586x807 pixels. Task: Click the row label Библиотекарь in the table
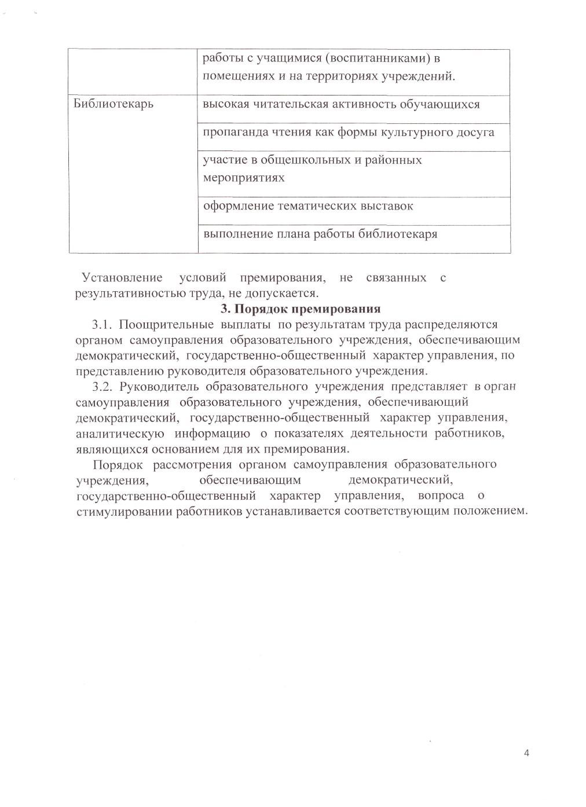114,105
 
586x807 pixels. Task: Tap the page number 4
526,753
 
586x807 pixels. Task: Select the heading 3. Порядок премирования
301,308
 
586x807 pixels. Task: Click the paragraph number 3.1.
102,324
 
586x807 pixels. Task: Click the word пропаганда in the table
232,133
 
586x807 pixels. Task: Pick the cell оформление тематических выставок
307,206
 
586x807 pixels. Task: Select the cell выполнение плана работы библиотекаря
320,234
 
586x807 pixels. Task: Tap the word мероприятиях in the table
244,177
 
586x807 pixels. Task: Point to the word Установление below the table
122,278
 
